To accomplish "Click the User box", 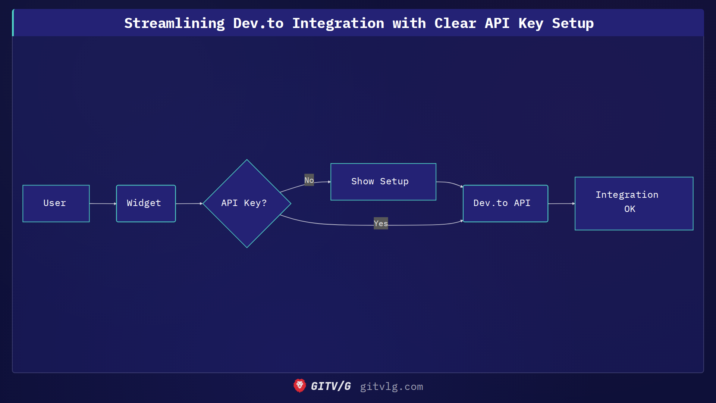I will click(56, 203).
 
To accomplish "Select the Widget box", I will click(146, 203).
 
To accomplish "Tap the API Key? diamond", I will click(246, 203).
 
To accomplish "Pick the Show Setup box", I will click(383, 182).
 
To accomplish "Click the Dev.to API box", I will click(505, 203).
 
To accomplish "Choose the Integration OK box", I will click(634, 203).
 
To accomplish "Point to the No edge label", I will click(309, 180).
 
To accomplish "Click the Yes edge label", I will click(381, 223).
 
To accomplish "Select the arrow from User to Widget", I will click(103, 203).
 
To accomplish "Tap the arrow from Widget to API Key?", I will click(189, 203).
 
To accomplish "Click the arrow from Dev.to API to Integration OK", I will click(561, 203).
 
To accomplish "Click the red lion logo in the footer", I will click(299, 386).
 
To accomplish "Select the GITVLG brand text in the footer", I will click(331, 386).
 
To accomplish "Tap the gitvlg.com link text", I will click(391, 387).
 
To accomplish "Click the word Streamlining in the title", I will click(174, 23).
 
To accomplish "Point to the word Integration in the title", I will click(338, 23).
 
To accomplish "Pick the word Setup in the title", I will click(572, 23).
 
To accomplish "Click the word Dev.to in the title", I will click(258, 23).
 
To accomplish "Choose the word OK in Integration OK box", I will click(629, 209).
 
